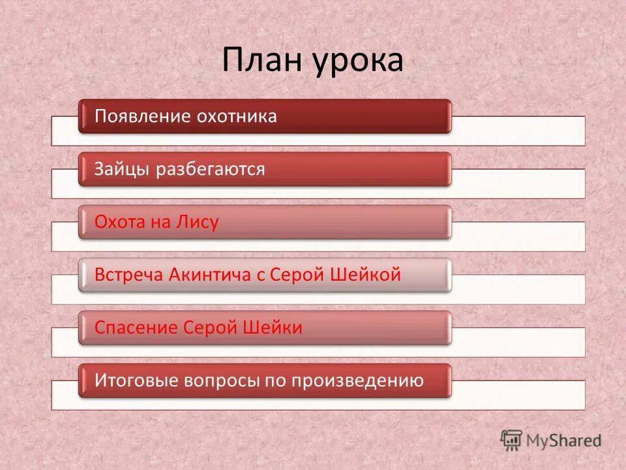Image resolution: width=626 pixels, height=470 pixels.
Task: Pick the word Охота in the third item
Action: click(x=119, y=223)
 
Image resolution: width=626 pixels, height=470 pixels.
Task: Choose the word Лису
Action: click(x=196, y=223)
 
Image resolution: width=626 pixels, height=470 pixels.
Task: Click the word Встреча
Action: click(x=129, y=275)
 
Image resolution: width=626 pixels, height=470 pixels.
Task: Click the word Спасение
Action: click(x=136, y=328)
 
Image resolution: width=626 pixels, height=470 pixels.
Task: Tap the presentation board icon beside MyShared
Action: click(x=511, y=440)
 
